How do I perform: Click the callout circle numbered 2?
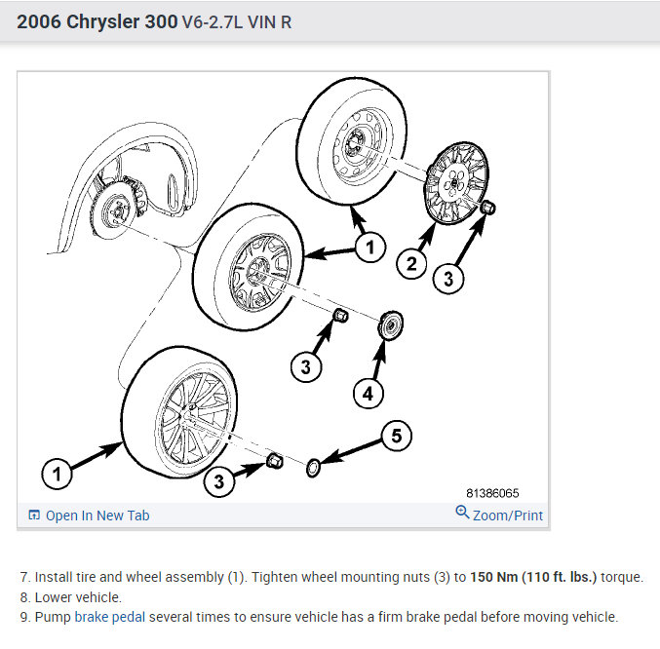[x=410, y=261]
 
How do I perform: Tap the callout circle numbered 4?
[x=368, y=394]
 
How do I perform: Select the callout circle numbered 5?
[x=395, y=436]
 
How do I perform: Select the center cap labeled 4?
[x=393, y=325]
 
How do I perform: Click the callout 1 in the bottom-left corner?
[x=58, y=475]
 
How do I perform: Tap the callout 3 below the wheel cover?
[x=447, y=278]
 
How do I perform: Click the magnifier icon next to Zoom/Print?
[x=462, y=513]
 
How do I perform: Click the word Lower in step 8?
[x=55, y=596]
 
